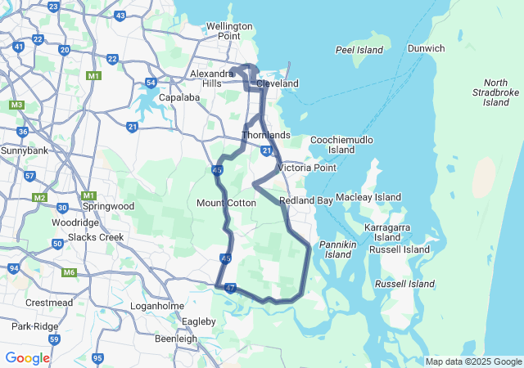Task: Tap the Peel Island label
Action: tap(359, 50)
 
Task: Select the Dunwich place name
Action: tap(427, 48)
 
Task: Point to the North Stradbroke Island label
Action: tap(496, 92)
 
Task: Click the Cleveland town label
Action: tap(278, 83)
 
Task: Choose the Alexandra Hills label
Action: tap(212, 79)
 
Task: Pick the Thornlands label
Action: tap(266, 134)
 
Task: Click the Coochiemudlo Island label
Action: tap(341, 145)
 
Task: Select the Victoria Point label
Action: tap(307, 168)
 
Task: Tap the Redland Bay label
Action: tap(305, 200)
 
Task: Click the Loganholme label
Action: tap(156, 305)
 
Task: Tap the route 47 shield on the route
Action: tap(230, 288)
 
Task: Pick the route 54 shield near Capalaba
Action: tap(151, 83)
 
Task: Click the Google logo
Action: tap(27, 358)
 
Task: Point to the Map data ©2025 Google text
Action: tap(472, 361)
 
